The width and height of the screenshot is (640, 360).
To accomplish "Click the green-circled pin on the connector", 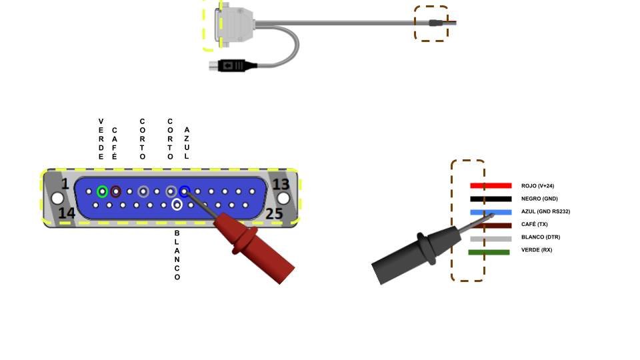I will (x=102, y=191).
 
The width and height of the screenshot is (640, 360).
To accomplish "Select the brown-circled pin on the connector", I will (x=116, y=191).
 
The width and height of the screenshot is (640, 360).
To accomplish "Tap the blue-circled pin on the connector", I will (x=185, y=191).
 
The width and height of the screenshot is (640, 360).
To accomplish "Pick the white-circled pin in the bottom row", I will (x=177, y=205).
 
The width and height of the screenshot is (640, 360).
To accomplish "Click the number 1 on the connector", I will (x=65, y=184).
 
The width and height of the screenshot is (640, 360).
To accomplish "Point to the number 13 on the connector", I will (x=281, y=184).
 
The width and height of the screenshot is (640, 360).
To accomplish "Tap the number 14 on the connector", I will (x=67, y=213).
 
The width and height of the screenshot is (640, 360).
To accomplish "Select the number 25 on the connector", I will (x=275, y=213).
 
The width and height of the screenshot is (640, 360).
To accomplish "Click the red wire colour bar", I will (x=491, y=185).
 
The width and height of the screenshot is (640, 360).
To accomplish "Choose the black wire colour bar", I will (x=491, y=199).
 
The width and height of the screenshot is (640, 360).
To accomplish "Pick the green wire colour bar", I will (x=489, y=252).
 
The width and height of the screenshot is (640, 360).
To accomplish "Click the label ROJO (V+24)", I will (x=537, y=186).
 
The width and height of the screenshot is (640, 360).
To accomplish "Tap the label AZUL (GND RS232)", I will (x=545, y=211).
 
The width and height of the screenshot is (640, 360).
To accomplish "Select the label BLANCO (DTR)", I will (x=540, y=237).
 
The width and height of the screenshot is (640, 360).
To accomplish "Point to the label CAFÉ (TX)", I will (x=535, y=224).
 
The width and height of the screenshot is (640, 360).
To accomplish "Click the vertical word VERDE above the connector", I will (x=101, y=139).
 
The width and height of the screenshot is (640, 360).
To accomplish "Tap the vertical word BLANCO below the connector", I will (x=177, y=255).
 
